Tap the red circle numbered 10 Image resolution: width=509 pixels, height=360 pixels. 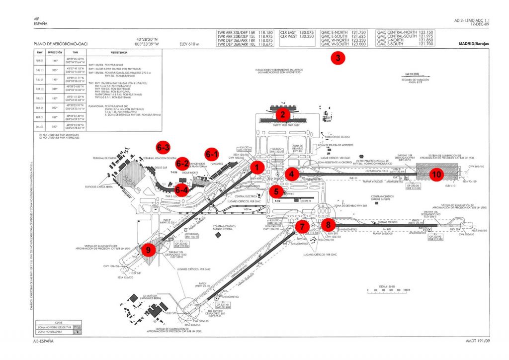pos(436,175)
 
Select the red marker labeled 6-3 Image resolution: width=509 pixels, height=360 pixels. pos(164,147)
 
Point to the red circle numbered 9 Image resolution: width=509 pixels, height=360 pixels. pos(148,250)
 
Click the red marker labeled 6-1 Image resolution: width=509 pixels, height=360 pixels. pos(212,154)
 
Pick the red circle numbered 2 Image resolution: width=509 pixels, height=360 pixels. pos(283,115)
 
